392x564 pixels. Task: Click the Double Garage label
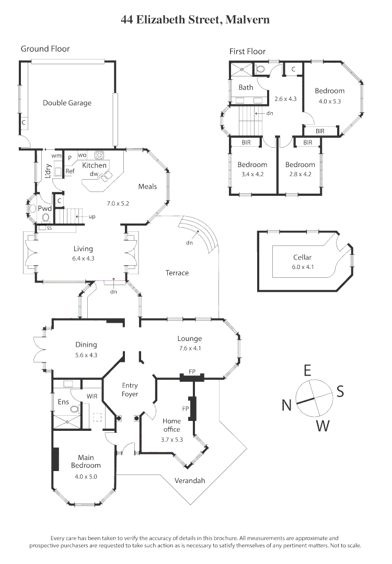click(x=67, y=103)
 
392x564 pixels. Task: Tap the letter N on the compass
click(x=286, y=405)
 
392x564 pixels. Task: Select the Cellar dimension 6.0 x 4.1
click(x=302, y=267)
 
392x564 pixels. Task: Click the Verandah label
click(x=189, y=480)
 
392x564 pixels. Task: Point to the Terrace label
click(x=177, y=273)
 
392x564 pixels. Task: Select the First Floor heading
click(x=247, y=51)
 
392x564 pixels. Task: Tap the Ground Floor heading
click(x=45, y=49)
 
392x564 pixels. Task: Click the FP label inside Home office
click(x=185, y=408)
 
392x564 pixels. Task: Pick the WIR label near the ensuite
click(x=92, y=396)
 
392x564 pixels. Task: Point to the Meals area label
click(x=147, y=186)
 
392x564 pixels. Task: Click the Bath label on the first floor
click(x=246, y=87)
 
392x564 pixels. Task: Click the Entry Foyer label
click(x=130, y=390)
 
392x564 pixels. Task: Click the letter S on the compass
click(x=340, y=392)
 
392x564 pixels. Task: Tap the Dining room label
click(x=86, y=345)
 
